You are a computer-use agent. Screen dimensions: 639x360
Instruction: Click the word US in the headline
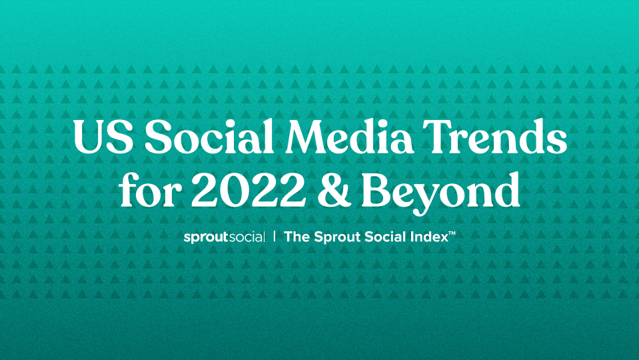103,137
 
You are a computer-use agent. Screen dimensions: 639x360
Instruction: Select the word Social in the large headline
209,136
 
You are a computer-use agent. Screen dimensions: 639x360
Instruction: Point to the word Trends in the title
494,136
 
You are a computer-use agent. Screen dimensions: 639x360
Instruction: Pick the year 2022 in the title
249,190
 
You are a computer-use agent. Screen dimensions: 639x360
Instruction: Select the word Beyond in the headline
440,193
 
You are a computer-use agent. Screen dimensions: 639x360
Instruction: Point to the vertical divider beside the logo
275,237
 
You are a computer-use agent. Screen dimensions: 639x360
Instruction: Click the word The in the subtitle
297,237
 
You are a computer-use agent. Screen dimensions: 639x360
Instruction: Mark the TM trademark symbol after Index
452,233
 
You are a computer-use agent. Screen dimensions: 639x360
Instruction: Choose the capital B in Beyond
376,190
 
